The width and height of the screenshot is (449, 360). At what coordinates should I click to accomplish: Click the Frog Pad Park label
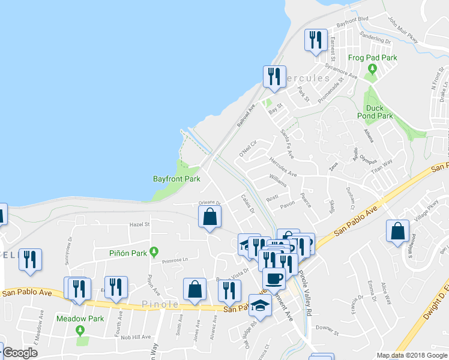pos(373,58)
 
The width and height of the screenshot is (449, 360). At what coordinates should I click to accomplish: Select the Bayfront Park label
pos(176,179)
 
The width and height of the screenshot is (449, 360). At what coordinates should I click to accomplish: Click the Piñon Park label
pos(128,253)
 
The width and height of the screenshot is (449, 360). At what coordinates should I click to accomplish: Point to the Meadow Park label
pos(80,319)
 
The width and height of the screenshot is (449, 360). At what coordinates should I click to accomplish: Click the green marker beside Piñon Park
pos(154,252)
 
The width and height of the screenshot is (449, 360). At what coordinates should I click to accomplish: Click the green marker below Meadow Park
pos(80,329)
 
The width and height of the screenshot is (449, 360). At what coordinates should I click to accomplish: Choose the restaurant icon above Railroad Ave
pos(273,77)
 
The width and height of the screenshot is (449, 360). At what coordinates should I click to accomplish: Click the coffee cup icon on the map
pos(274,278)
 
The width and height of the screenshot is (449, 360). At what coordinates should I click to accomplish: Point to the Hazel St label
pos(139,224)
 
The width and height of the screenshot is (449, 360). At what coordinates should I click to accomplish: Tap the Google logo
pos(20,353)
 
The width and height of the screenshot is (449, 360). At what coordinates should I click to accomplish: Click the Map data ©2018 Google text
pos(411,355)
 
